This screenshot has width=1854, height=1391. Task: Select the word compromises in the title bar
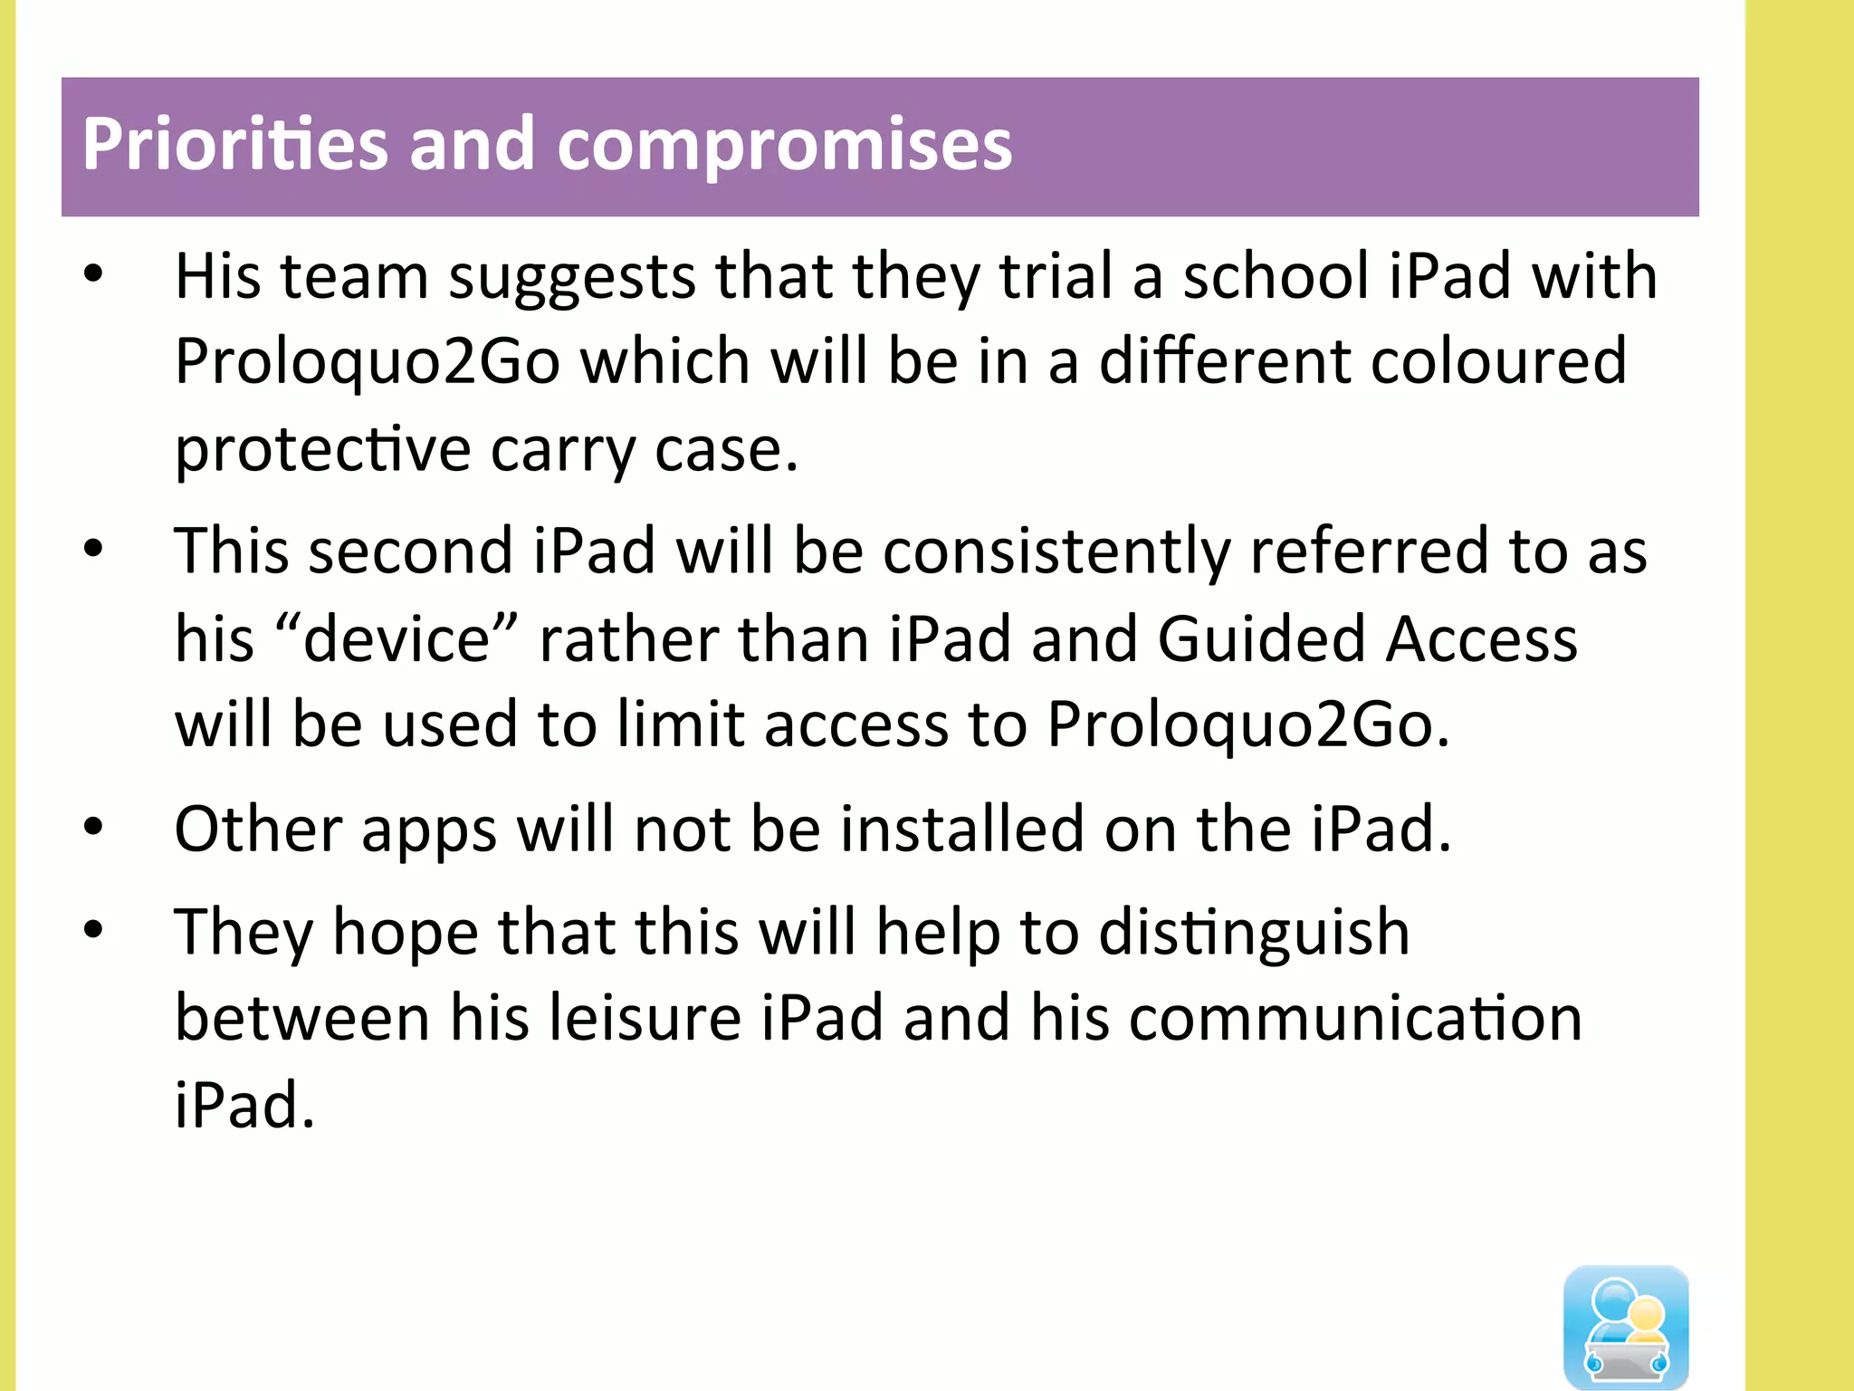(x=784, y=145)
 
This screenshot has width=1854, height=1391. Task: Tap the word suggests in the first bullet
(x=572, y=276)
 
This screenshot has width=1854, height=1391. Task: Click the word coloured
(x=1498, y=360)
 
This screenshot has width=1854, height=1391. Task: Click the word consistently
(x=1056, y=551)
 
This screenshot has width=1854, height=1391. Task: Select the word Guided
(x=1262, y=639)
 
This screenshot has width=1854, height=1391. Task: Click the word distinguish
(x=1254, y=933)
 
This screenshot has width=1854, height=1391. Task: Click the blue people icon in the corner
(x=1626, y=1327)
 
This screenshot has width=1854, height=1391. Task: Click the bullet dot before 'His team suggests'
(x=93, y=273)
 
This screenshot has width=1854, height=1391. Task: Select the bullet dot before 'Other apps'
(x=93, y=826)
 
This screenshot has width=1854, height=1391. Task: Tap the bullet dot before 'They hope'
(x=93, y=930)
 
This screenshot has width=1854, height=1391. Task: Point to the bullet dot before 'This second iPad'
(x=93, y=548)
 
